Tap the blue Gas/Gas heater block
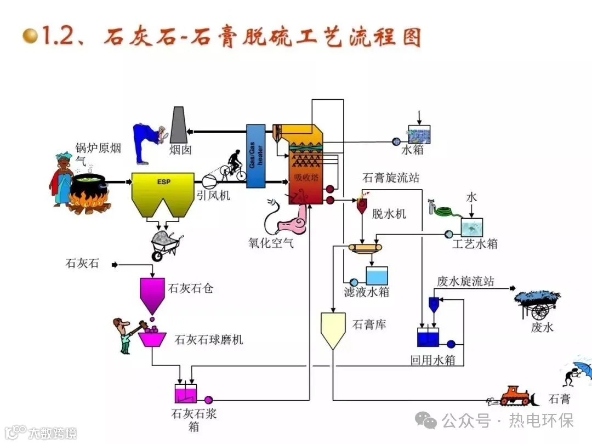255,156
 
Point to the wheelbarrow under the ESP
164,244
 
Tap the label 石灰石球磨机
208,340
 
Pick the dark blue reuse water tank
428,338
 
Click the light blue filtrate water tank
377,275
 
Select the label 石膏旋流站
391,178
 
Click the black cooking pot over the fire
88,189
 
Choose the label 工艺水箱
475,244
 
